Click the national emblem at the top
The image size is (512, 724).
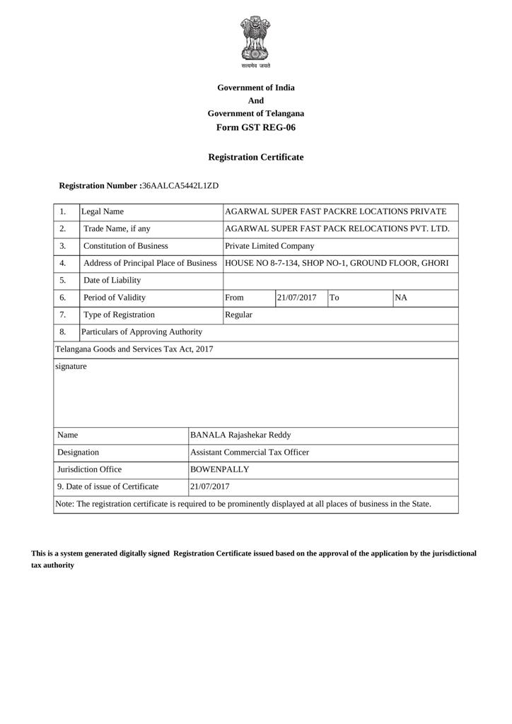click(x=255, y=40)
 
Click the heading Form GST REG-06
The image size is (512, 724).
click(x=256, y=128)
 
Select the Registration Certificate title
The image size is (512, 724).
click(x=256, y=157)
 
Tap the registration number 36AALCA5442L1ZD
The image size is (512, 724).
click(x=180, y=185)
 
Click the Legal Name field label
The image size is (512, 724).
click(x=103, y=211)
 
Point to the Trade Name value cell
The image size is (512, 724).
click(x=337, y=228)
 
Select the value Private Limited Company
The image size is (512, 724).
click(x=269, y=246)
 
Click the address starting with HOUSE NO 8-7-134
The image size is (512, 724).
click(x=337, y=263)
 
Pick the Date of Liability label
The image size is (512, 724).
click(x=112, y=280)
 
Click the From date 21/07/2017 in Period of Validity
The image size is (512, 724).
click(x=297, y=298)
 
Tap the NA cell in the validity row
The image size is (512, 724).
click(x=401, y=298)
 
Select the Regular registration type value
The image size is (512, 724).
click(x=238, y=315)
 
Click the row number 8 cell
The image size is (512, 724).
click(x=63, y=332)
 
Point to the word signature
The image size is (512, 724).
click(x=71, y=366)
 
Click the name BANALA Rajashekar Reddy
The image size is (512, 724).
click(x=240, y=436)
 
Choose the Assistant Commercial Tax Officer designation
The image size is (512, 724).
click(x=250, y=452)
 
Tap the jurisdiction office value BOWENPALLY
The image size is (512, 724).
click(x=220, y=469)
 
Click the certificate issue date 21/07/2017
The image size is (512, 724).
click(x=210, y=486)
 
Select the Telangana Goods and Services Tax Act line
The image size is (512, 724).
click(x=134, y=349)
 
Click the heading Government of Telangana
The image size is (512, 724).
click(x=256, y=113)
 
